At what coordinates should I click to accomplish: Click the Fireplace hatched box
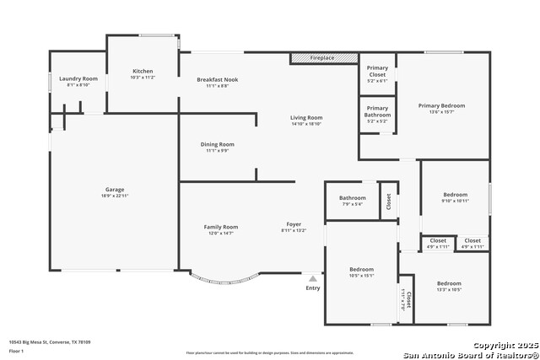pyautogui.click(x=324, y=58)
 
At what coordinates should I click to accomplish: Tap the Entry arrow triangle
pyautogui.click(x=313, y=277)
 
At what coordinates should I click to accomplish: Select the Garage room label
pyautogui.click(x=115, y=190)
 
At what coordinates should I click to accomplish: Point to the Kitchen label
pyautogui.click(x=143, y=71)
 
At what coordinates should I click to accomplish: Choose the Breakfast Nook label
pyautogui.click(x=218, y=80)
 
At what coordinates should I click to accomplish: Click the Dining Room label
pyautogui.click(x=217, y=144)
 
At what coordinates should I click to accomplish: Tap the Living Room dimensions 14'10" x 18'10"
pyautogui.click(x=306, y=125)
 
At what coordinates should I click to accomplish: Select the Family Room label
pyautogui.click(x=221, y=227)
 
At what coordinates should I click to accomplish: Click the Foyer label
pyautogui.click(x=294, y=224)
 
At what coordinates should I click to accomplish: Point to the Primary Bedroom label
pyautogui.click(x=441, y=105)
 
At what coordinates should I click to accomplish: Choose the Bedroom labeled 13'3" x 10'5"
pyautogui.click(x=449, y=283)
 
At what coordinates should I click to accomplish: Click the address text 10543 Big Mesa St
pyautogui.click(x=50, y=342)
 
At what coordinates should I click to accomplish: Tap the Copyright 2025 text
pyautogui.click(x=504, y=346)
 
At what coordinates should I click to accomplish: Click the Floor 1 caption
pyautogui.click(x=17, y=350)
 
